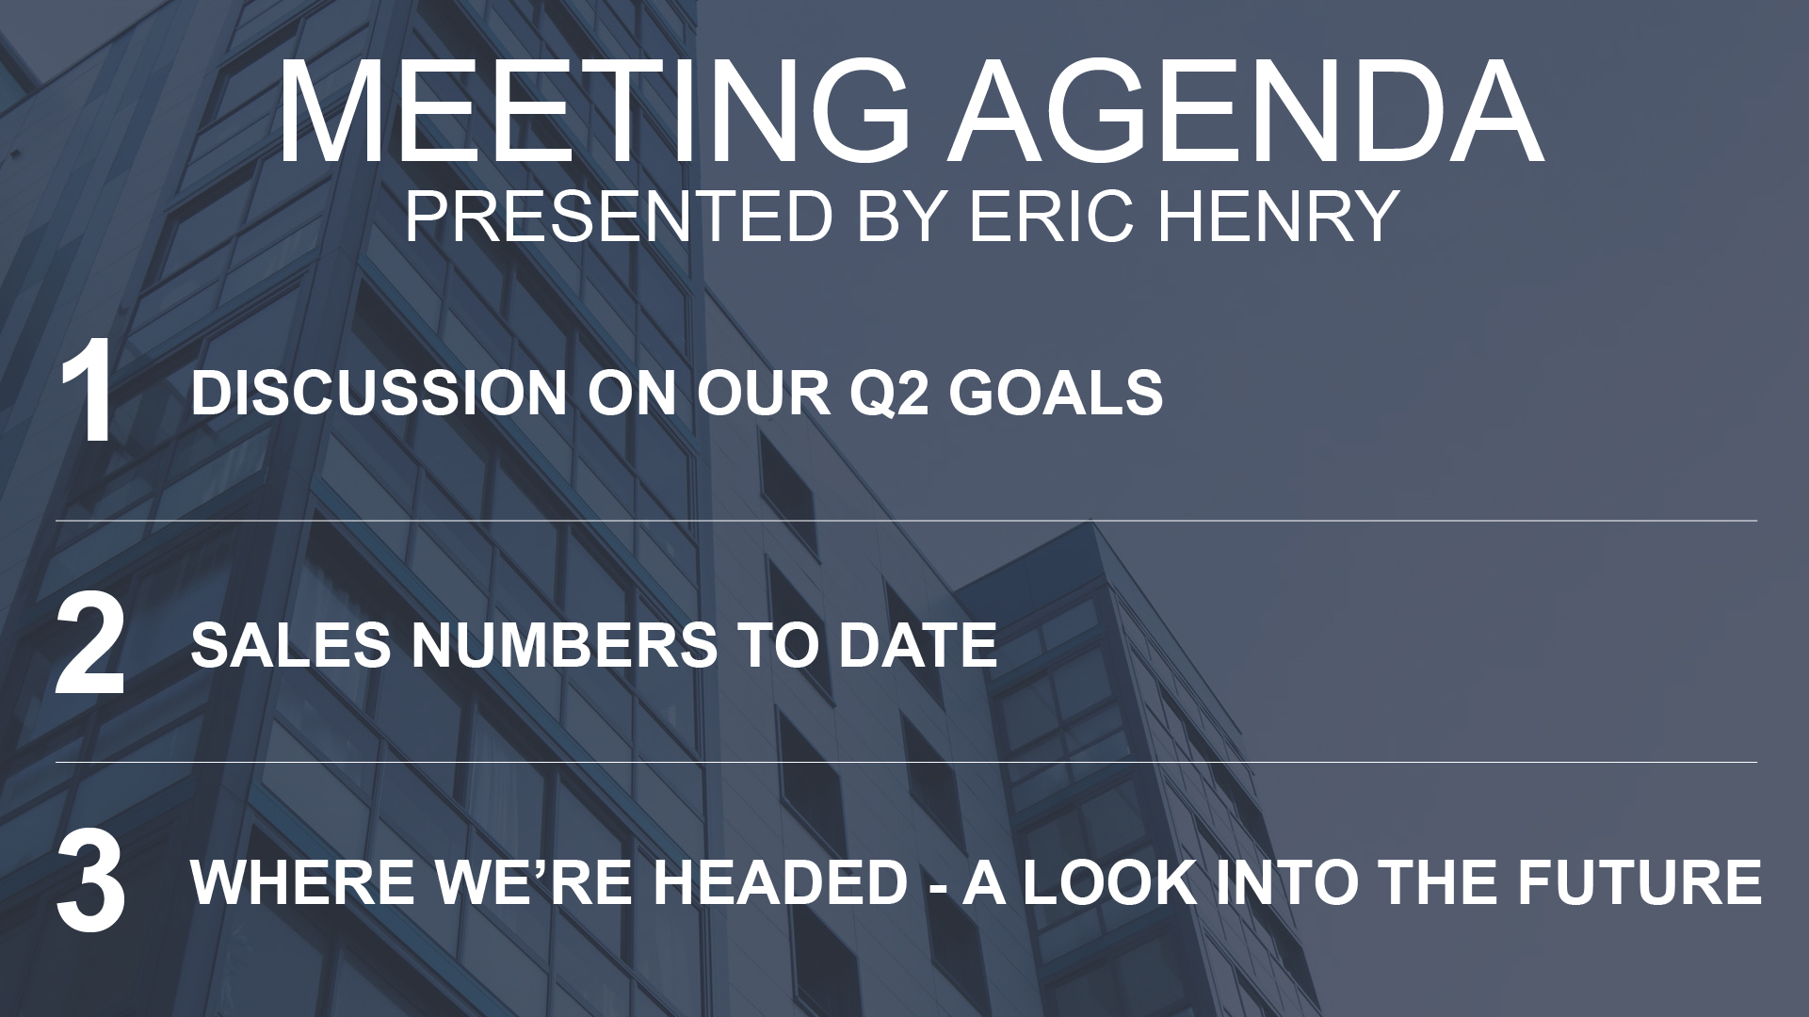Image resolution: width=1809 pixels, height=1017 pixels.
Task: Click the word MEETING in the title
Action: point(594,112)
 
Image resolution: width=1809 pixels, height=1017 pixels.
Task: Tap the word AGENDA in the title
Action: point(1246,112)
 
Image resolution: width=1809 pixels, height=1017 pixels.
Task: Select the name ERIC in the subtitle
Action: point(1061,216)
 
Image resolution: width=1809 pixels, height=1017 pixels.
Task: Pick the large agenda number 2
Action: point(90,646)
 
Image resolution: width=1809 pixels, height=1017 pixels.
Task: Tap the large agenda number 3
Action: point(90,882)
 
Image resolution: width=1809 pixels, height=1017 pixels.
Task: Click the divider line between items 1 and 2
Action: point(906,520)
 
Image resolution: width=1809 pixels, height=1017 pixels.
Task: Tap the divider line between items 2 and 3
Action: point(906,762)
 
